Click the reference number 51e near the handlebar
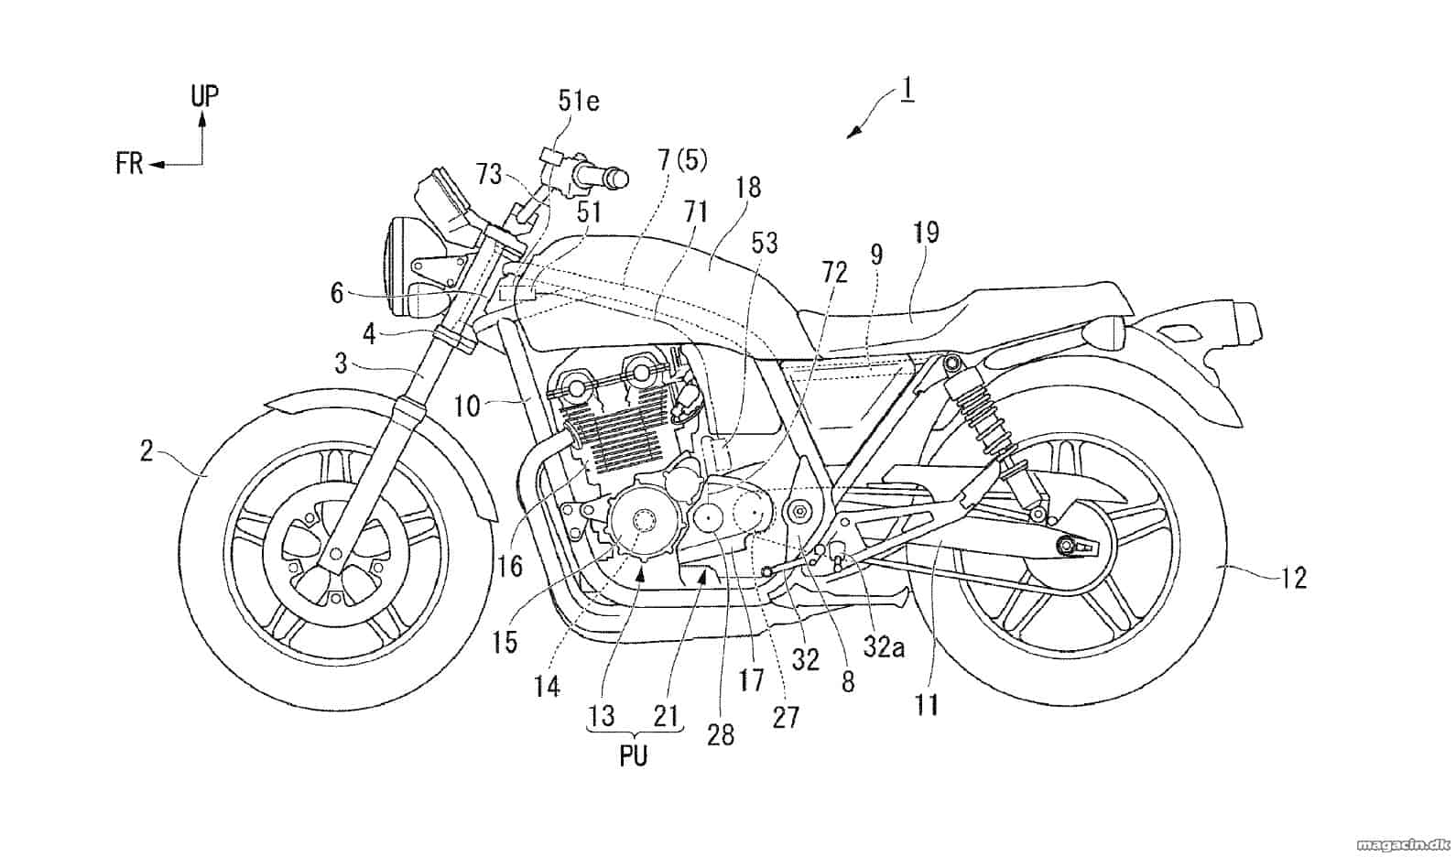[x=578, y=102]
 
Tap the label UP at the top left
[x=205, y=97]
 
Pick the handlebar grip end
[x=617, y=178]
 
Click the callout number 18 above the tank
[x=748, y=188]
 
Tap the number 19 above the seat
[x=926, y=232]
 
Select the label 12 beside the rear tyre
[x=1293, y=578]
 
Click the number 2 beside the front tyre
[x=147, y=450]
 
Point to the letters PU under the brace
[x=633, y=757]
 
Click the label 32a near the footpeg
[x=884, y=647]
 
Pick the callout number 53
[x=765, y=243]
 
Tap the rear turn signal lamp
[x=1106, y=332]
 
